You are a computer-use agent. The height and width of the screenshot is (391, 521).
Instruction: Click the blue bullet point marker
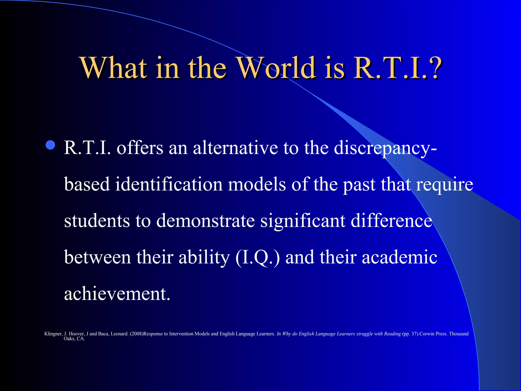pyautogui.click(x=50, y=145)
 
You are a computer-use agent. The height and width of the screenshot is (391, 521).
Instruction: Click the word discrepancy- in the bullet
pyautogui.click(x=385, y=148)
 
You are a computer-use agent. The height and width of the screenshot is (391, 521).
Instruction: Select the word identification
pyautogui.click(x=169, y=184)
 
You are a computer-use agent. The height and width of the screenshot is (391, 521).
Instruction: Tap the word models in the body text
pyautogui.click(x=257, y=184)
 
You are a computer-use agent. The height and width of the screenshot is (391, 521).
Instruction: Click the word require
pyautogui.click(x=444, y=185)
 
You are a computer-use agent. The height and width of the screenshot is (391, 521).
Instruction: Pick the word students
pyautogui.click(x=97, y=220)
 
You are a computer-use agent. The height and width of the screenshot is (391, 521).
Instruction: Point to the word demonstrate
pyautogui.click(x=205, y=220)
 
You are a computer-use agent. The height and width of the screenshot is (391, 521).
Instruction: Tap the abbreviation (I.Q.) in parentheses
pyautogui.click(x=257, y=257)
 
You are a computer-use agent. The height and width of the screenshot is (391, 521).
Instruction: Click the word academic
pyautogui.click(x=399, y=257)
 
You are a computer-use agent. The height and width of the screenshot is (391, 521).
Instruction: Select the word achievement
pyautogui.click(x=117, y=294)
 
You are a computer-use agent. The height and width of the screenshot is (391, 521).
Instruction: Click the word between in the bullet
pyautogui.click(x=97, y=257)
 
